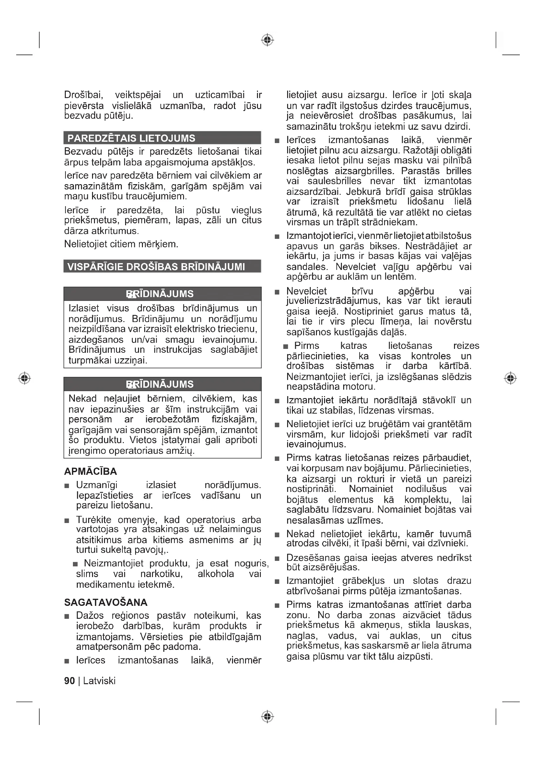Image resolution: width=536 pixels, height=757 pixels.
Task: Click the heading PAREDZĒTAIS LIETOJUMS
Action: tap(131, 138)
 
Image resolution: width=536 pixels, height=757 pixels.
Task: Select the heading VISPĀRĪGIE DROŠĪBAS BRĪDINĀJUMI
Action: tap(156, 266)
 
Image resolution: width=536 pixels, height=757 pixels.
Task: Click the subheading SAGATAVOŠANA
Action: tap(106, 602)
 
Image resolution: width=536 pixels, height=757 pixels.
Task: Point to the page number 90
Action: tap(69, 681)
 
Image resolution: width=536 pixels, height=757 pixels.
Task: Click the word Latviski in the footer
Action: tap(99, 681)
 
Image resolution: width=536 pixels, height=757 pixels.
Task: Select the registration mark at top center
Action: tap(267, 40)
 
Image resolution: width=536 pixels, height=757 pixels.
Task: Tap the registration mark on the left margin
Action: tap(24, 378)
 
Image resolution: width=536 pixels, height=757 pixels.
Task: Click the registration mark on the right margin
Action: tap(510, 378)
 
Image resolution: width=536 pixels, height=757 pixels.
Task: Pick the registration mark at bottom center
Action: tap(267, 717)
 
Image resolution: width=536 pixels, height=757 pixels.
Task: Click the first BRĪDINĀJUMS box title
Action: tap(160, 294)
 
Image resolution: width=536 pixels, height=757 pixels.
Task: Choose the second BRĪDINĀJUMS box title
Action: tap(160, 384)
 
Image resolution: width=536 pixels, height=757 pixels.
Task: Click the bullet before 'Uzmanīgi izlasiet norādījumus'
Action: tap(67, 486)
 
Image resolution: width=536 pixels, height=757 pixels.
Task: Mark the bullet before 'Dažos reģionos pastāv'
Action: tap(67, 616)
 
